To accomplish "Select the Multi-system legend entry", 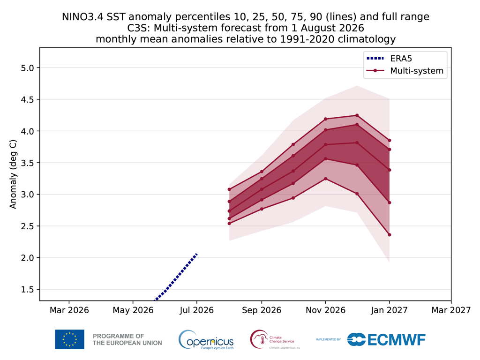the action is [x=405, y=71].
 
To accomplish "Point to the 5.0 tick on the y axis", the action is [x=29, y=67].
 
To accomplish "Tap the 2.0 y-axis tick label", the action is [x=29, y=258].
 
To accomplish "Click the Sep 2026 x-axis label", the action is [x=262, y=310].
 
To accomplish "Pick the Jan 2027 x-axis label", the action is [x=389, y=310].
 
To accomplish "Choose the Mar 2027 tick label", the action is [x=451, y=310].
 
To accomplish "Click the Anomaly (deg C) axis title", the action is [x=13, y=174].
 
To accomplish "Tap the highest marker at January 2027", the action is [x=390, y=140].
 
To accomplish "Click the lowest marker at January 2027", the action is [x=390, y=235].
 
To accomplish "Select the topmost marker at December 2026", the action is [x=357, y=115].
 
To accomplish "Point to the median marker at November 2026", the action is [x=325, y=144].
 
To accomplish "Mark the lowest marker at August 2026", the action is [x=229, y=224].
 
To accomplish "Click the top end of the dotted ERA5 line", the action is [x=196, y=254].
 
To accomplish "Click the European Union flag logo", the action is [x=69, y=339].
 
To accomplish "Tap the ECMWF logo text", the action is [x=396, y=339].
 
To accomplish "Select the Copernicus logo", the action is [x=206, y=339].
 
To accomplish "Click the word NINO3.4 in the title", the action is [x=82, y=16].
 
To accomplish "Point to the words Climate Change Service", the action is [x=282, y=339].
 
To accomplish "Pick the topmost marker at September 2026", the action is [x=262, y=172].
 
